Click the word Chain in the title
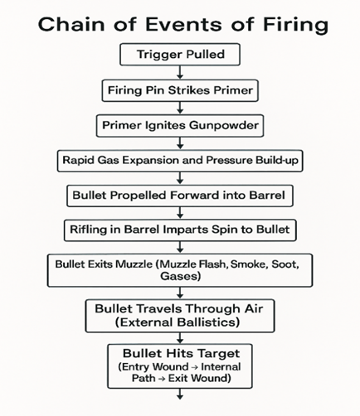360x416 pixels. pos(71,24)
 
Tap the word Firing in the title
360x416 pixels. pos(295,26)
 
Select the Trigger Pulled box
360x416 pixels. pos(180,54)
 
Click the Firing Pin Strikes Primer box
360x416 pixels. pos(180,90)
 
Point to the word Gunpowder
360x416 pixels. pos(224,125)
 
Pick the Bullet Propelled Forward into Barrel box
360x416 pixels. pos(180,196)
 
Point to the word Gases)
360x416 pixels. pos(180,276)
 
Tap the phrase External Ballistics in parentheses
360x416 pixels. pos(178,322)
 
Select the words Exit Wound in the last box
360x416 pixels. pos(197,378)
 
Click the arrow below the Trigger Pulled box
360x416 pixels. pos(180,72)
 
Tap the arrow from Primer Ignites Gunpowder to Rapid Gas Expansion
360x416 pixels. pos(180,143)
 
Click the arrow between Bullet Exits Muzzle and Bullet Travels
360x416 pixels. pos(180,293)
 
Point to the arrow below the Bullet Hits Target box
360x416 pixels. pos(180,394)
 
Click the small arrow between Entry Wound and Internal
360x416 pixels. pos(194,367)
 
